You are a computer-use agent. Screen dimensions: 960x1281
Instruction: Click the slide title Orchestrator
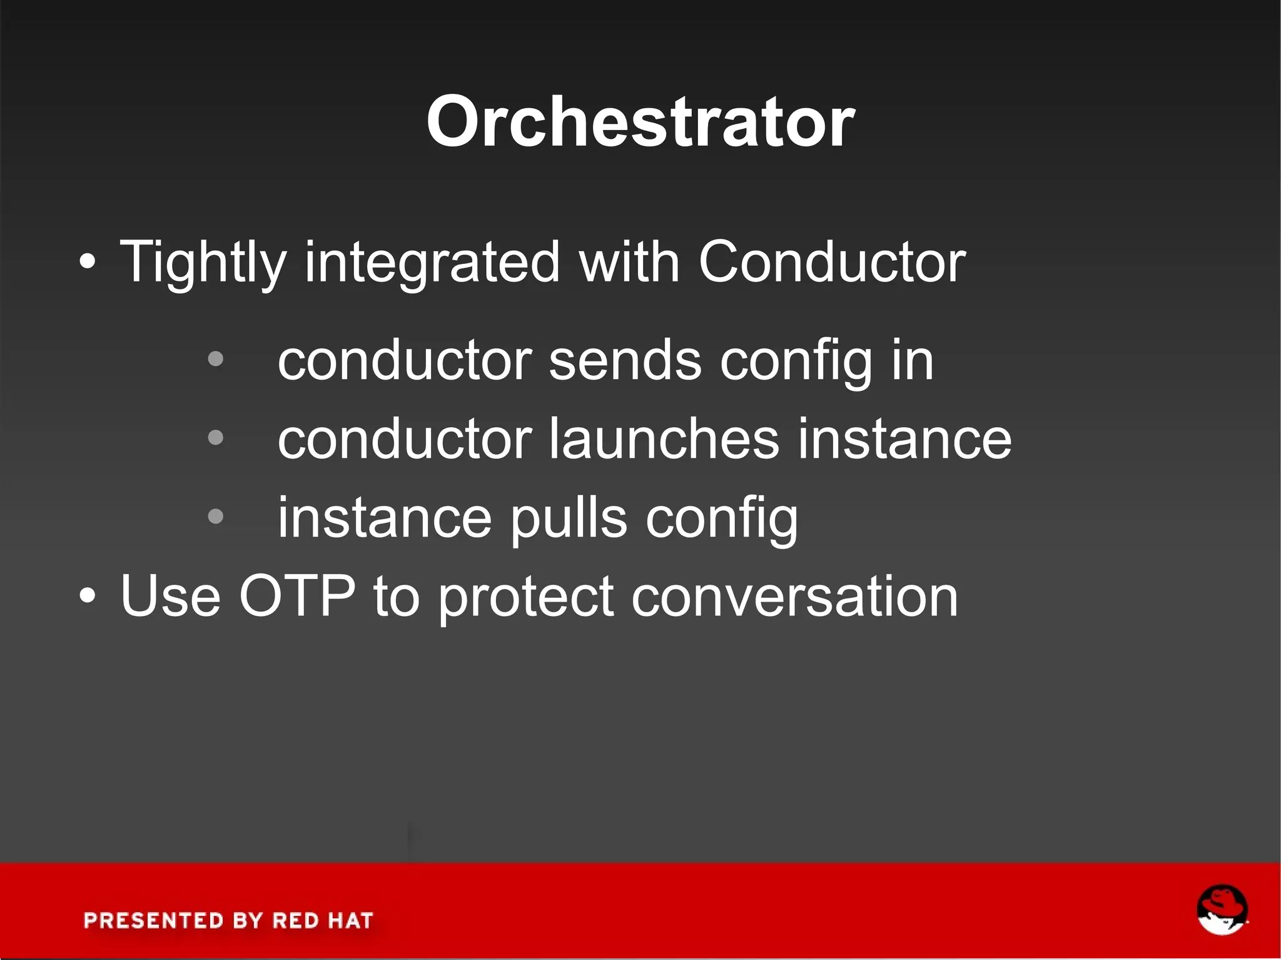click(x=640, y=121)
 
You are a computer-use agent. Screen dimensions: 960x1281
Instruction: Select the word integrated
click(x=432, y=263)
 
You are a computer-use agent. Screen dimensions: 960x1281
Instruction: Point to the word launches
click(x=664, y=439)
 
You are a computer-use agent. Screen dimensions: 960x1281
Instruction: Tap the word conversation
click(x=794, y=597)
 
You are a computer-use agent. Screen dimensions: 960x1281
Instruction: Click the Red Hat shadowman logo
click(x=1222, y=910)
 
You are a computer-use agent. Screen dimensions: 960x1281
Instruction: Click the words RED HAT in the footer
click(x=323, y=921)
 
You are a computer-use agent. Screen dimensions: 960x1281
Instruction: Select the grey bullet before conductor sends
click(x=215, y=360)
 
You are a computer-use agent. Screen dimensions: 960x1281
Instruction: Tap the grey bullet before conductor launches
click(x=215, y=438)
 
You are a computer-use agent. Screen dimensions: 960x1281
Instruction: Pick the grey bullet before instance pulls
click(x=215, y=517)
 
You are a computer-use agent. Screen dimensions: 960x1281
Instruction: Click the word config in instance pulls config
click(x=722, y=519)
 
